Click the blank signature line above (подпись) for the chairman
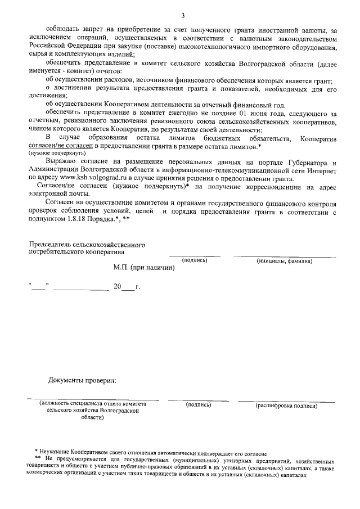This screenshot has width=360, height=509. (x=195, y=256)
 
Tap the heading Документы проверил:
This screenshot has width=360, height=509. (x=82, y=381)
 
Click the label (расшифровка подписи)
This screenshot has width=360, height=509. (x=286, y=404)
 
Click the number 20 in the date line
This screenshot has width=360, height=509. (x=117, y=287)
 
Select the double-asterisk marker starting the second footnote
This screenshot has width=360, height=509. (x=38, y=460)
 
